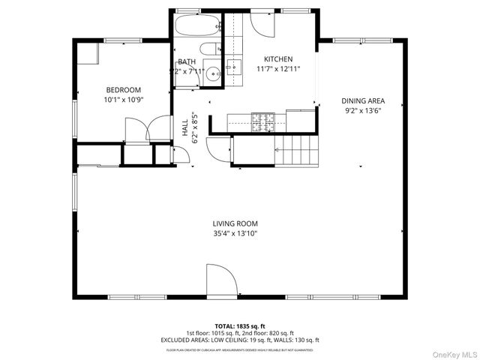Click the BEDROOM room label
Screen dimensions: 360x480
(x=123, y=89)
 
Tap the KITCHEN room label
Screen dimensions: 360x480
(x=277, y=59)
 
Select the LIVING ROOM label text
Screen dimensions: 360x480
(x=235, y=223)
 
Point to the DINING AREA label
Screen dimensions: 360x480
(x=363, y=100)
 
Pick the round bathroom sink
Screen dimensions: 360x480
(x=213, y=73)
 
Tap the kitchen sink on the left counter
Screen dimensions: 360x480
(x=232, y=67)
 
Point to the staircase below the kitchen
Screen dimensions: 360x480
(x=298, y=150)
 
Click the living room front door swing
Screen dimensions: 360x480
(x=221, y=280)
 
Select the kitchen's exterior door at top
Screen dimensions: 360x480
(x=263, y=23)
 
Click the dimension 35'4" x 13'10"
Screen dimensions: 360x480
(x=235, y=233)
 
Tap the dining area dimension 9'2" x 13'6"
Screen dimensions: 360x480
(x=363, y=110)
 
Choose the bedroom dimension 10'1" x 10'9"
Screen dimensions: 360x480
(x=123, y=99)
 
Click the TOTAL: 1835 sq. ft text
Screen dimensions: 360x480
(x=239, y=326)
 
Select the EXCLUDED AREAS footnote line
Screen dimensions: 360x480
(x=239, y=339)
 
